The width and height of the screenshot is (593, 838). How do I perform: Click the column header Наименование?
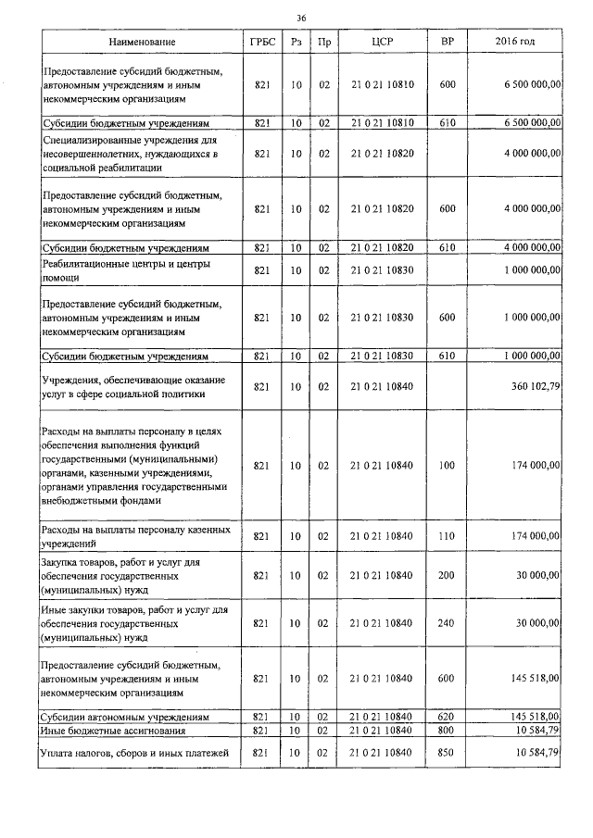click(141, 43)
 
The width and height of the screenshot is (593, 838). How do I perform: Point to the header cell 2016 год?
click(515, 43)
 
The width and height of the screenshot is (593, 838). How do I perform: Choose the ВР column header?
click(447, 43)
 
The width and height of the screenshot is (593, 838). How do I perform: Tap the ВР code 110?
click(447, 535)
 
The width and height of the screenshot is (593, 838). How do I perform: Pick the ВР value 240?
click(447, 623)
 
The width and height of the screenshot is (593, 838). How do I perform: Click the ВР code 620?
click(447, 717)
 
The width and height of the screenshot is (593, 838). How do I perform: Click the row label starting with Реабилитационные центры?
click(127, 269)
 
